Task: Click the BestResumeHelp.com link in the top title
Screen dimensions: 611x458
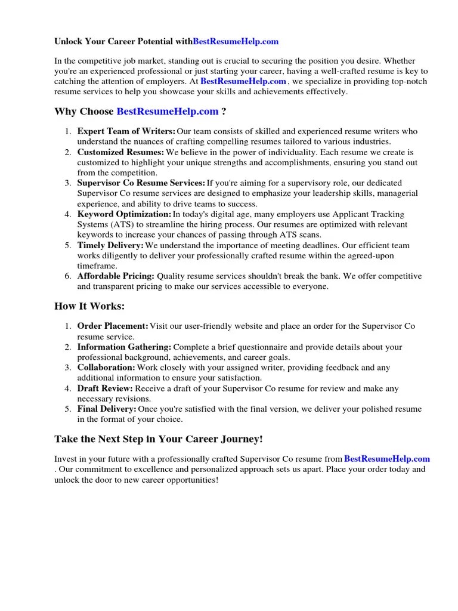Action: tap(236, 42)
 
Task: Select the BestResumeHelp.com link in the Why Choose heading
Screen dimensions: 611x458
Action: tap(168, 111)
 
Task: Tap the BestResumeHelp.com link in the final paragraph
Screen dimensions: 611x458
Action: tap(387, 459)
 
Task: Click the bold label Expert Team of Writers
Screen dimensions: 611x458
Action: tap(126, 131)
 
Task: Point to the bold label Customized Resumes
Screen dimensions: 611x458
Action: tap(120, 152)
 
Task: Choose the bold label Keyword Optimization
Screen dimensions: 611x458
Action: tap(124, 214)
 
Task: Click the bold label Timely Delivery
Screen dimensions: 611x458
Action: tap(110, 245)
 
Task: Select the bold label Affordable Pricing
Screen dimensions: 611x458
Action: tap(116, 276)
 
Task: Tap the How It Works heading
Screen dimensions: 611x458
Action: tap(89, 306)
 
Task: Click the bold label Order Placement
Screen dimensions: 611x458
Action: tap(113, 326)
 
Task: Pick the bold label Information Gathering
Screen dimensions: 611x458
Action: tap(124, 347)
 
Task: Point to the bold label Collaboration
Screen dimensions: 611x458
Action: tap(106, 368)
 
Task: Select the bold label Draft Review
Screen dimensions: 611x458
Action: tap(105, 388)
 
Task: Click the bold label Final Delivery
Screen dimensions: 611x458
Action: tap(107, 409)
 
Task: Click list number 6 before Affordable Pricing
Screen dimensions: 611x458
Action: tap(67, 276)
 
